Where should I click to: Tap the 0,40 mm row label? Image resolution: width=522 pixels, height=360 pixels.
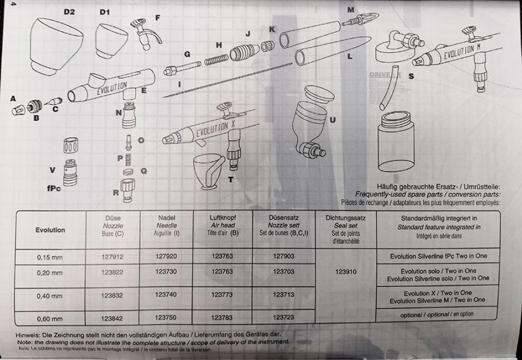pyautogui.click(x=50, y=296)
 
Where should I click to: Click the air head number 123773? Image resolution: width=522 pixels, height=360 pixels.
pyautogui.click(x=223, y=295)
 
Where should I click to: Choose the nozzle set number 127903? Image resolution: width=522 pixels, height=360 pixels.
pyautogui.click(x=283, y=257)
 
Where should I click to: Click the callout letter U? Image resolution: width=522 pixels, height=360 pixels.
pyautogui.click(x=333, y=119)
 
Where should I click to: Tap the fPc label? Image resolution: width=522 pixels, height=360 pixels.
pyautogui.click(x=54, y=188)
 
